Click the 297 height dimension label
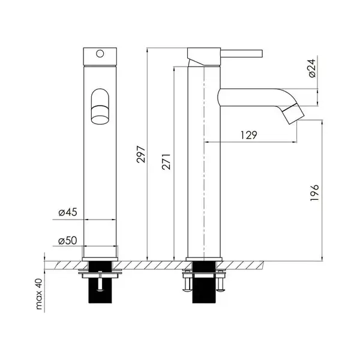pyautogui.click(x=141, y=154)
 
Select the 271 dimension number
pyautogui.click(x=166, y=162)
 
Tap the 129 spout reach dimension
pyautogui.click(x=249, y=135)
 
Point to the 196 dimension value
pyautogui.click(x=314, y=193)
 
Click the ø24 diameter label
pyautogui.click(x=312, y=68)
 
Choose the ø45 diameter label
pyautogui.click(x=68, y=212)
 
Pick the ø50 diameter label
pyautogui.click(x=67, y=241)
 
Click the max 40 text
pyautogui.click(x=39, y=294)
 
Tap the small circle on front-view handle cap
pyautogui.click(x=100, y=54)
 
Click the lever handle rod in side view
pyautogui.click(x=242, y=53)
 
